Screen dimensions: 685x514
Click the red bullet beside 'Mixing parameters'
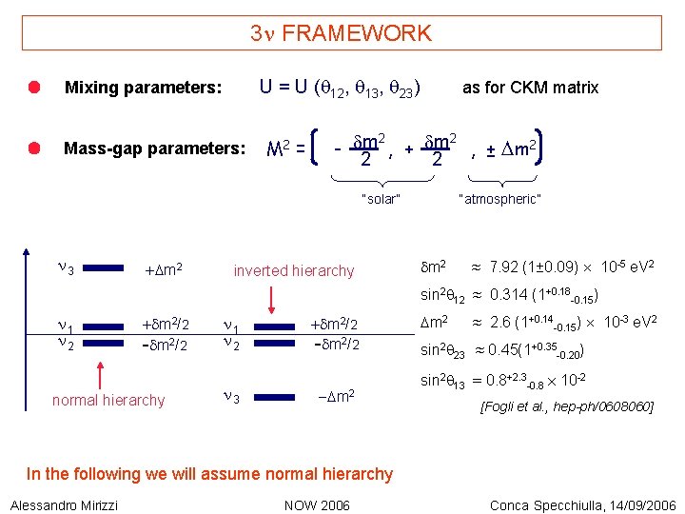33,88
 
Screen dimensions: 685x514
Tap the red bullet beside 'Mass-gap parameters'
33,148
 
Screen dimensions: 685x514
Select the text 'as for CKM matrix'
530,88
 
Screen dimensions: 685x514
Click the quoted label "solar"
381,199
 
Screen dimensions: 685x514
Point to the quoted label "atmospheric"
499,199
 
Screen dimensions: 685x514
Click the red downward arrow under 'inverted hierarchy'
271,300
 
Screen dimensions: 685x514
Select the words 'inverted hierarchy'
294,271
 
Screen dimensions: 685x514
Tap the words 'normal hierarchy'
108,400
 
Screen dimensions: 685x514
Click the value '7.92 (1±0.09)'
534,263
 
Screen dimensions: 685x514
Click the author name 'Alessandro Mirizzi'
65,504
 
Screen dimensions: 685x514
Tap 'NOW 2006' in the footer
318,504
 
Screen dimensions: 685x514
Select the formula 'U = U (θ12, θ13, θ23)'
341,88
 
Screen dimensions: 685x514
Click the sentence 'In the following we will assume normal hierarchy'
209,474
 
